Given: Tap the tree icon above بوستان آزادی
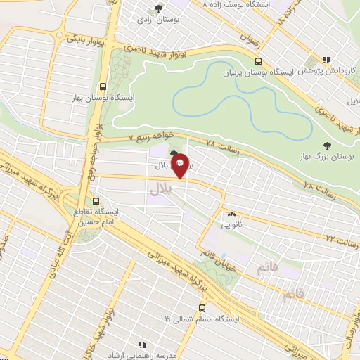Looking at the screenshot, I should tap(159, 8).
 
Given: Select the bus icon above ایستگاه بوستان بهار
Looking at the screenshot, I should tap(103, 87).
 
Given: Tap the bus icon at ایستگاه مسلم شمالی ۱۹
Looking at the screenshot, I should tap(202, 307).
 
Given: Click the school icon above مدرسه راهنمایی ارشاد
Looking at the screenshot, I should tap(141, 345).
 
